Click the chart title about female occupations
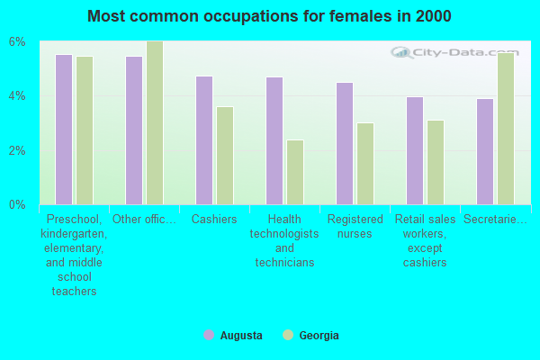[270, 16]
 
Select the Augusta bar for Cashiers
[204, 140]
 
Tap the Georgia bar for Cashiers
[225, 156]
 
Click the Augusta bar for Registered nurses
[345, 143]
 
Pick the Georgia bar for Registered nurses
[365, 164]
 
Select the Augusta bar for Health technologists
[274, 140]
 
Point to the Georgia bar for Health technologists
[295, 172]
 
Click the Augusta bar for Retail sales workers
[415, 150]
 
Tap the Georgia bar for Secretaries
[506, 129]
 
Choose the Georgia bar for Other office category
[155, 123]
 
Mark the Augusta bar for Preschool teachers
[64, 130]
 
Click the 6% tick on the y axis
[18, 42]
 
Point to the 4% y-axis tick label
[18, 96]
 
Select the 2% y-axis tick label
[18, 150]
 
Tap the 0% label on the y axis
[18, 204]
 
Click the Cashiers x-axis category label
[215, 220]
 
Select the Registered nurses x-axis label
[355, 226]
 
